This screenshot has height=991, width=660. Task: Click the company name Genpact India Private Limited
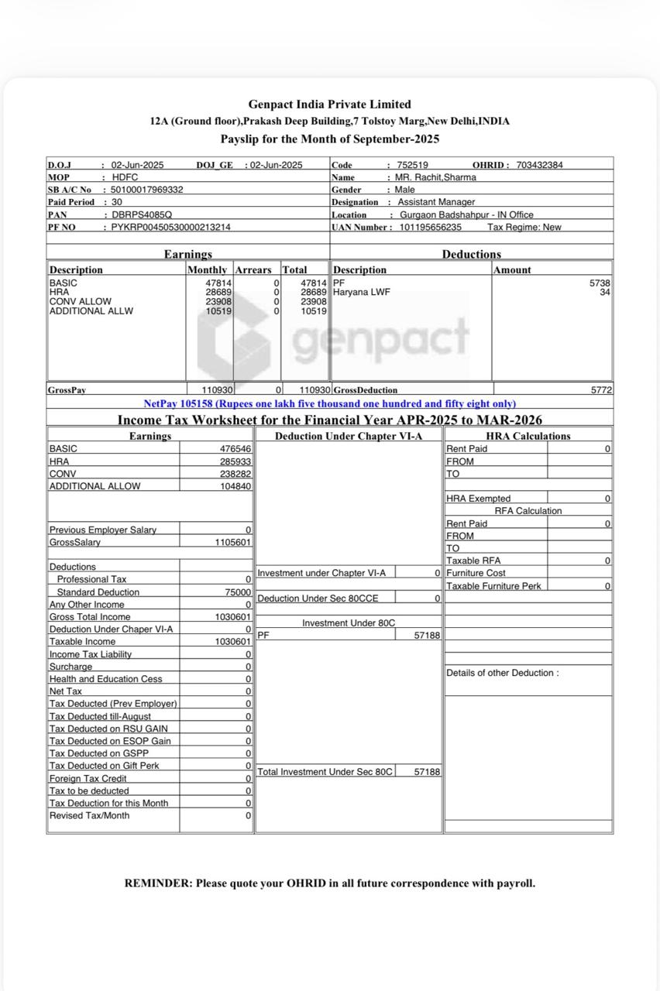(329, 104)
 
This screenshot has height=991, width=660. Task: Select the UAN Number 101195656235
(431, 227)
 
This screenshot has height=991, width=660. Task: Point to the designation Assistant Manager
(436, 202)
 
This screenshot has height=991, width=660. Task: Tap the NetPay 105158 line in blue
(329, 403)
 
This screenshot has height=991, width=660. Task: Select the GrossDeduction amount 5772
(601, 390)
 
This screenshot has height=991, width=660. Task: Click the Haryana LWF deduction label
(362, 293)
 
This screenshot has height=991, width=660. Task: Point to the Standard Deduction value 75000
(238, 592)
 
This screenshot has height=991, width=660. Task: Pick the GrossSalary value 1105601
(233, 543)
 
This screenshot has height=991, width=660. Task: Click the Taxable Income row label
(82, 642)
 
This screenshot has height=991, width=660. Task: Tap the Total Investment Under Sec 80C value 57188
(427, 772)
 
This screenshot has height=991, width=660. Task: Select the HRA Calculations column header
(528, 436)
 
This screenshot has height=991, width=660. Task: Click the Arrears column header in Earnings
(253, 270)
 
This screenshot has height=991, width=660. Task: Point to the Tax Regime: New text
(524, 227)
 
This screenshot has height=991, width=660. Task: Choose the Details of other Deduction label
(502, 673)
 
